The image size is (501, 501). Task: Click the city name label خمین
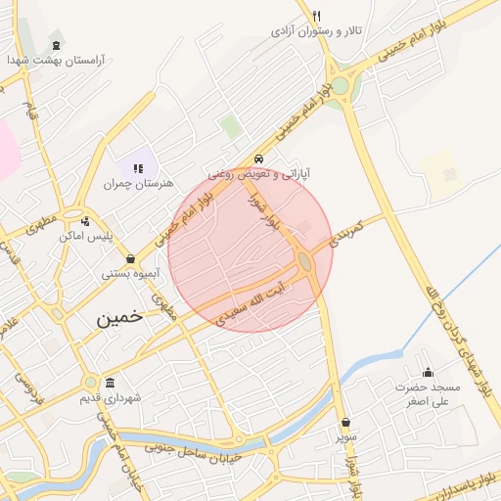[119, 317]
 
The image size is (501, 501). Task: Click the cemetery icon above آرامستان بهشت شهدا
[56, 45]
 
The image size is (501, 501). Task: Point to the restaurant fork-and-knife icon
[316, 16]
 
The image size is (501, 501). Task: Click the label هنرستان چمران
[138, 183]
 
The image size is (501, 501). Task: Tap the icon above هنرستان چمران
[138, 168]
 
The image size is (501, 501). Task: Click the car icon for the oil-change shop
[258, 159]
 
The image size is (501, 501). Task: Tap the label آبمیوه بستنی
[131, 274]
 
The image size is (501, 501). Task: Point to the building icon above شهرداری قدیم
[110, 383]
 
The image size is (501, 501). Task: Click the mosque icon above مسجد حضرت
[428, 372]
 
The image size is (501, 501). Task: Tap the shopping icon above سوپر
[346, 424]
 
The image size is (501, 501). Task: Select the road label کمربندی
[346, 232]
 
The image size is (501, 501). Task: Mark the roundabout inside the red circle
[305, 262]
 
